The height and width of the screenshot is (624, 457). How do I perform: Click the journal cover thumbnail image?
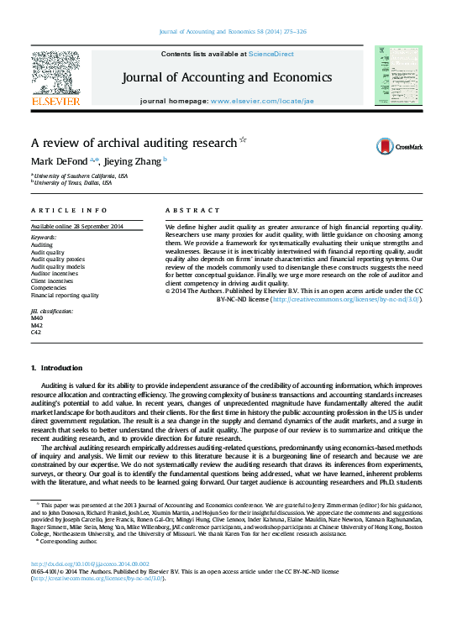coord(392,76)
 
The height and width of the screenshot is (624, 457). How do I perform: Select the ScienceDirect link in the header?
coord(271,54)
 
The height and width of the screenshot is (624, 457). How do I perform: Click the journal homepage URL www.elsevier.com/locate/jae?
coord(261,101)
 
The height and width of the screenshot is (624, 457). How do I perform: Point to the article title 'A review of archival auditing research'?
coord(134,142)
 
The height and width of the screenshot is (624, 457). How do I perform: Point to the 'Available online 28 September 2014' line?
coord(76,227)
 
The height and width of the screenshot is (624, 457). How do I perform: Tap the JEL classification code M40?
coord(36,318)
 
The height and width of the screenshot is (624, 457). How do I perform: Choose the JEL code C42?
coord(35,332)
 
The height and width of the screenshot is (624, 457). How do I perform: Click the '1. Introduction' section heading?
coord(56,368)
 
